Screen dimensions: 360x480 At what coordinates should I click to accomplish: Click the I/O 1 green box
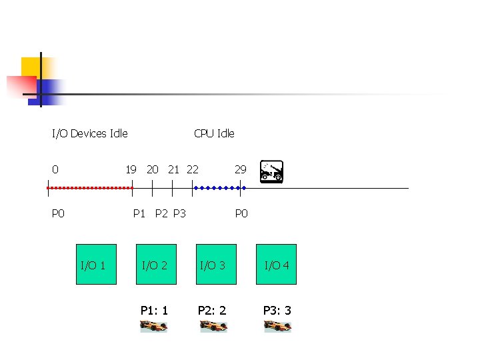tap(96, 265)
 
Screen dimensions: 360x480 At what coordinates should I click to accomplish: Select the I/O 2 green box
tap(155, 265)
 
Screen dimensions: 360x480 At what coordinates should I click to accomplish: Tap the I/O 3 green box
tap(213, 265)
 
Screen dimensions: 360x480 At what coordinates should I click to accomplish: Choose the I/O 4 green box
tap(277, 265)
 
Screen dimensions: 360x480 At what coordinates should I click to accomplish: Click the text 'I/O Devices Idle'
tap(90, 133)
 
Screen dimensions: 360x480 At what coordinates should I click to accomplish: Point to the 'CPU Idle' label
tap(214, 133)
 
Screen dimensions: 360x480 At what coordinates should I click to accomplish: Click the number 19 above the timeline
tap(131, 169)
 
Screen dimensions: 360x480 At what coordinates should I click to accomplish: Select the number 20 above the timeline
tap(153, 169)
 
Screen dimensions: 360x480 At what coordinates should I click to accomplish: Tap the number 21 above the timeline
tap(173, 169)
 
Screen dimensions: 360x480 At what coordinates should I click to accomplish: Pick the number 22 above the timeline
tap(192, 169)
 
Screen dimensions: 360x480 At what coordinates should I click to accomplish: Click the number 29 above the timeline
tap(240, 169)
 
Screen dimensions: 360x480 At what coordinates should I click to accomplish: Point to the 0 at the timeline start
tap(55, 169)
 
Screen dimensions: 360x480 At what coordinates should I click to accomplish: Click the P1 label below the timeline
tap(139, 213)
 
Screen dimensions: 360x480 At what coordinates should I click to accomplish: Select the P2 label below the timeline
tap(161, 213)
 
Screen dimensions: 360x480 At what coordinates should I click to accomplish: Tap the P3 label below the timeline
tap(179, 213)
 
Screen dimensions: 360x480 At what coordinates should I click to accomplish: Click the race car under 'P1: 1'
tap(154, 326)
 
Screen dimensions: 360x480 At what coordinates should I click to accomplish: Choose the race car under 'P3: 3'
tap(277, 326)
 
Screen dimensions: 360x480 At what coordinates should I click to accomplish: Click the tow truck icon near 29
tap(272, 171)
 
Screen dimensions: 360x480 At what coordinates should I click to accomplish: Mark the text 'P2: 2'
tap(212, 310)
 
